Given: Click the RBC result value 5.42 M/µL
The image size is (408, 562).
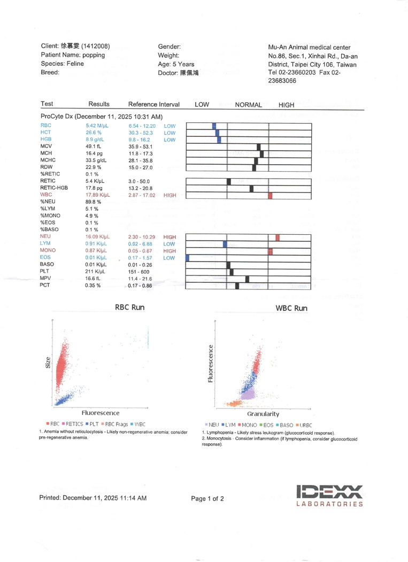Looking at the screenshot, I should [97, 126].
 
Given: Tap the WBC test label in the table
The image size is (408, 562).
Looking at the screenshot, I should [45, 196].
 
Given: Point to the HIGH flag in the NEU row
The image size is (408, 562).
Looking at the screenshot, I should [170, 237].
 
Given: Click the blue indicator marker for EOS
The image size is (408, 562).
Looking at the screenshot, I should [188, 258].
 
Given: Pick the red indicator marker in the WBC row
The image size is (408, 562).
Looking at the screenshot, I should [270, 196].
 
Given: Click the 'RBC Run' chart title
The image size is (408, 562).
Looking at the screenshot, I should [129, 307].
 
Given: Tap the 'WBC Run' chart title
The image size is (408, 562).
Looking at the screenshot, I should [291, 309].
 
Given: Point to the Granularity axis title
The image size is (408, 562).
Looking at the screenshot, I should [263, 414].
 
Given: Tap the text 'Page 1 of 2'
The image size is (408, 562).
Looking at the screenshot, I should [207, 499].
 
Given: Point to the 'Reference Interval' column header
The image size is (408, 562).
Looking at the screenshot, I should [154, 105].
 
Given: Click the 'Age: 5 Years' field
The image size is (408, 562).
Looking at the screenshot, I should [176, 64].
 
